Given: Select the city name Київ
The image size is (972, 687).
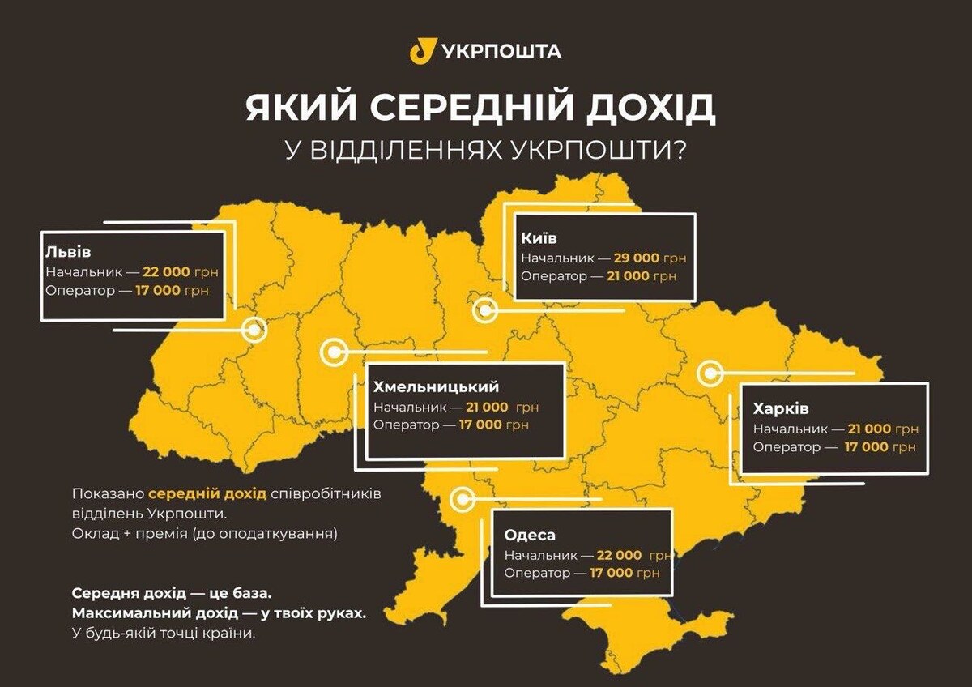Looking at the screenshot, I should (539, 238).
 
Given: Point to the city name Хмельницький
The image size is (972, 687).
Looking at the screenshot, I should (437, 386).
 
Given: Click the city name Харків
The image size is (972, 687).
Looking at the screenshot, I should (781, 408).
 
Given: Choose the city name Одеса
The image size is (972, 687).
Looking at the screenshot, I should (530, 535).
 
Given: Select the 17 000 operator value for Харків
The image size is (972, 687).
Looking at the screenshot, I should (868, 446).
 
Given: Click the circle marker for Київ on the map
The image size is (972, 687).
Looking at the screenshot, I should (484, 309).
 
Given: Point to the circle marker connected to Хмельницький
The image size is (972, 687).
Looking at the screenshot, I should (333, 352).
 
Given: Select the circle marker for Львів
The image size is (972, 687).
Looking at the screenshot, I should (256, 330).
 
